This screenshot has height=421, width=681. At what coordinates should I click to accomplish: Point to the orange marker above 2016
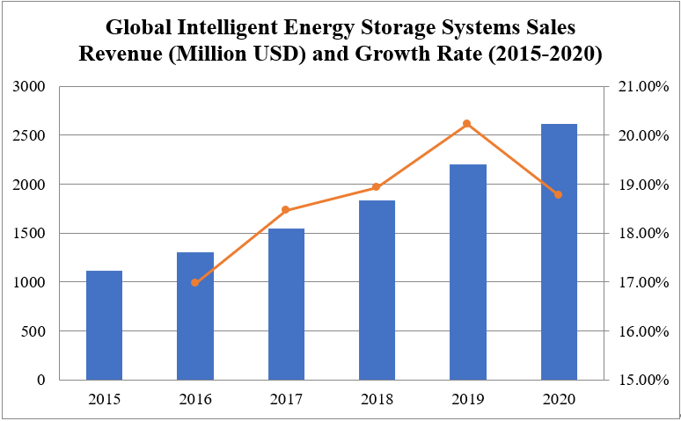point(195,282)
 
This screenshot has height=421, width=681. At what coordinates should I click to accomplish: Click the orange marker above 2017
point(286,210)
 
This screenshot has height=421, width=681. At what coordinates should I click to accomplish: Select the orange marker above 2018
point(377,187)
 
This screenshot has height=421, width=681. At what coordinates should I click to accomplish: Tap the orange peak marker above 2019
point(467,124)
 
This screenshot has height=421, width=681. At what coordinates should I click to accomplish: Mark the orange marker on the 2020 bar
point(559,194)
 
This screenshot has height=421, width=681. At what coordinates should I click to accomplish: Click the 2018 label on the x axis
point(377,400)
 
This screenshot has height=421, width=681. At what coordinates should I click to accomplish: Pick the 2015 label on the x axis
point(104,400)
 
